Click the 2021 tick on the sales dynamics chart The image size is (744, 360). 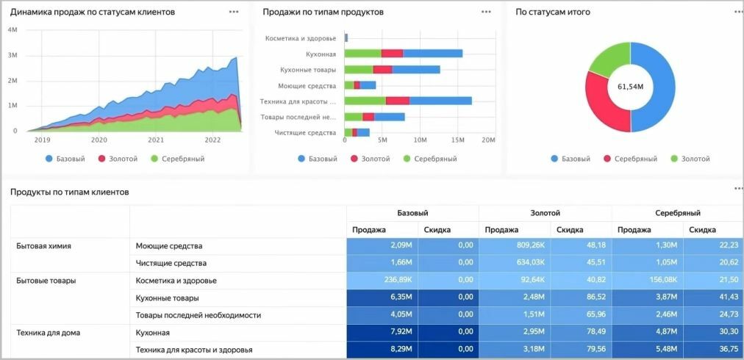pos(156,140)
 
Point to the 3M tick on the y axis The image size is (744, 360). pos(12,56)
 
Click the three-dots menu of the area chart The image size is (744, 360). pos(234,12)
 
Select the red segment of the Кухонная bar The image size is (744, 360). pos(393,53)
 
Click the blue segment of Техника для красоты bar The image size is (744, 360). pos(440,101)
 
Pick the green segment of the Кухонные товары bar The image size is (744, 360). pos(358,70)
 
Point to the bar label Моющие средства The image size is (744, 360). pos(309,85)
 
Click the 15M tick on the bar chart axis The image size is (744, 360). pos(457,140)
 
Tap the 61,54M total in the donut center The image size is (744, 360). pos(630,87)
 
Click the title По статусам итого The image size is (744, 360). pos(552,12)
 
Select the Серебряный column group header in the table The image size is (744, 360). pos(677,213)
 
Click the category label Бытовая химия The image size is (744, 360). pos(43,245)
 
